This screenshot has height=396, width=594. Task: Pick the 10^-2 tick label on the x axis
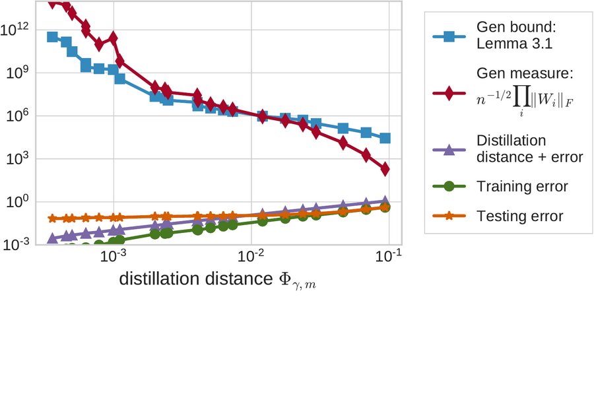click(x=251, y=256)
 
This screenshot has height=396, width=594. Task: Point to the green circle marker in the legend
click(x=449, y=187)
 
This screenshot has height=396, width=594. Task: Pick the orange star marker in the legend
click(x=449, y=216)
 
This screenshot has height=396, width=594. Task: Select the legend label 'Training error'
click(x=521, y=187)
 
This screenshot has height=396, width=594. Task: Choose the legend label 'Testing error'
click(x=520, y=216)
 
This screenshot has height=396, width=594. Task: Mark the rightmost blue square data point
click(x=385, y=138)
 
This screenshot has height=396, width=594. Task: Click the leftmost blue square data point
click(x=53, y=37)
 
